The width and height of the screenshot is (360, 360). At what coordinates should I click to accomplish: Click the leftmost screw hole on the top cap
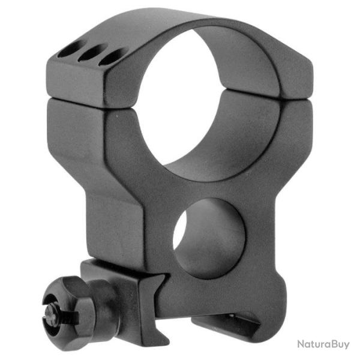(x=68, y=49)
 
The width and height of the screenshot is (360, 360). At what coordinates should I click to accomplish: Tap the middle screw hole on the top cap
(x=90, y=53)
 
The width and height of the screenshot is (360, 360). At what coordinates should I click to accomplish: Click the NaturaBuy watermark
(x=323, y=344)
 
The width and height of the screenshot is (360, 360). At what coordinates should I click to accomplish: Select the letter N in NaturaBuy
(x=301, y=344)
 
